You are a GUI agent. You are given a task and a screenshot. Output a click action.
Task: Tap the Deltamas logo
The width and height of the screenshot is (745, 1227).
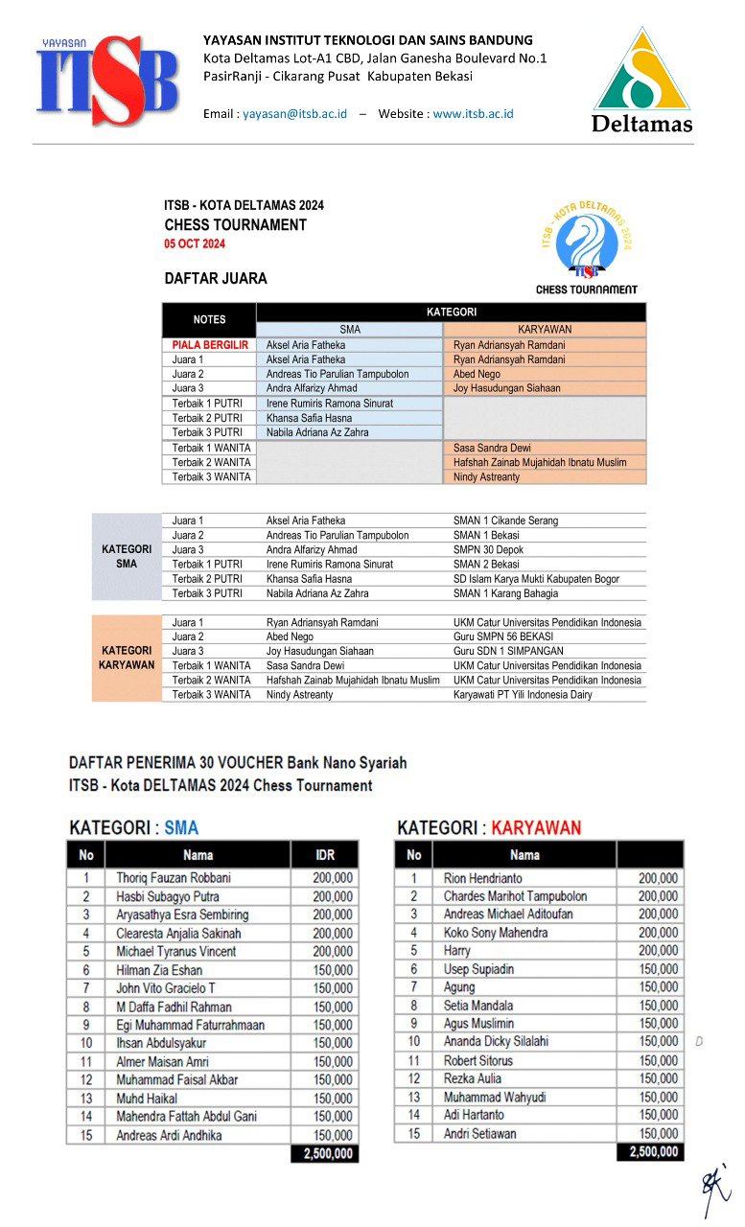click(641, 81)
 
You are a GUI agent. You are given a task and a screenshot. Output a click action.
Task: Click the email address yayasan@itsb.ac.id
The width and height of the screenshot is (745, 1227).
click(294, 113)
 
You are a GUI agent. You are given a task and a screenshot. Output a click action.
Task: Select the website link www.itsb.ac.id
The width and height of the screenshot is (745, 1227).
click(473, 113)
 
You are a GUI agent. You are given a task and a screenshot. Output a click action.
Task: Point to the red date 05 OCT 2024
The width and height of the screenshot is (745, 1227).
click(195, 244)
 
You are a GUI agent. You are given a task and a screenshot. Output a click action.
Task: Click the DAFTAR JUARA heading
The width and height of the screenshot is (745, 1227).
click(216, 279)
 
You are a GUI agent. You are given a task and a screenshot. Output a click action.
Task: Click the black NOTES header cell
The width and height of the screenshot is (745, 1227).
click(209, 319)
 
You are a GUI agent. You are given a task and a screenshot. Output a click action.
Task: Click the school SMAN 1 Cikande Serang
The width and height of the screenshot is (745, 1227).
click(505, 521)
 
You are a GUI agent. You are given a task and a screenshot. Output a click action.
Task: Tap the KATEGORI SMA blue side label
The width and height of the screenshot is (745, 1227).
click(127, 557)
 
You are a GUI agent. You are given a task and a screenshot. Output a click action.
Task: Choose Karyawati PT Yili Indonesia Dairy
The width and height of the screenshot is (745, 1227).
click(523, 694)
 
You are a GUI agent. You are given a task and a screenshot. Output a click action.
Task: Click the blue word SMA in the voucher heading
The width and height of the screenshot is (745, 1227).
click(181, 827)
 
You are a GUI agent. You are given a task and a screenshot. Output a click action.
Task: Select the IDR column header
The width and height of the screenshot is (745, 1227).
click(325, 854)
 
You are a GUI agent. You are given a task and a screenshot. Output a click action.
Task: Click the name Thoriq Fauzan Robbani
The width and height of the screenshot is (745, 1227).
click(174, 877)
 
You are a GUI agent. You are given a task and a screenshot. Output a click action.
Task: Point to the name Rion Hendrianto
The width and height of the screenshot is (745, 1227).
click(484, 877)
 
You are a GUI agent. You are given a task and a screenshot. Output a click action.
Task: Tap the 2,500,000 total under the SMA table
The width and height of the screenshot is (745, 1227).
click(327, 1153)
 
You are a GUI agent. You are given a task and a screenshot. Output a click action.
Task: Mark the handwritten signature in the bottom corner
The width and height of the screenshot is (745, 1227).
click(714, 1189)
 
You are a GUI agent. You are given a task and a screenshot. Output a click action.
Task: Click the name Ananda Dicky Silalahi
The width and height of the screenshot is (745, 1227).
click(496, 1042)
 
